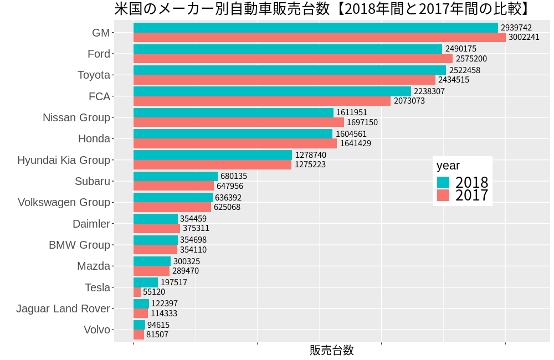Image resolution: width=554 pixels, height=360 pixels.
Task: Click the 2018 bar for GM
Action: [x=316, y=28]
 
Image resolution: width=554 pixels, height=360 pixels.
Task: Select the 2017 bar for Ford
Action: [x=293, y=58]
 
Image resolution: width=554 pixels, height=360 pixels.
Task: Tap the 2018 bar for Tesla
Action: [x=146, y=282]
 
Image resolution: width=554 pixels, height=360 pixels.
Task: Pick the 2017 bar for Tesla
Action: [x=137, y=292]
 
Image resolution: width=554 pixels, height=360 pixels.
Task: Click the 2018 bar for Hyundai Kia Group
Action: [x=213, y=155]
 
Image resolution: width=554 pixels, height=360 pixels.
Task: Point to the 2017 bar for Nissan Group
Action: [x=239, y=122]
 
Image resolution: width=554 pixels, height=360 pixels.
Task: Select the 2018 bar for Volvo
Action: [x=139, y=325]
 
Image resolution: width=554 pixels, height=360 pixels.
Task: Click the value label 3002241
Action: [x=524, y=37]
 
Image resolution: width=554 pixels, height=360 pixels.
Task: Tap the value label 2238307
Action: [x=429, y=91]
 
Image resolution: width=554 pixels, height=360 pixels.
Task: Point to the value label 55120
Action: [x=154, y=292]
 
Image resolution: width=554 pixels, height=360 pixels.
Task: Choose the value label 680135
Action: [x=234, y=176]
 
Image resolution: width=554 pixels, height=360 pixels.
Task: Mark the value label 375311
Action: [x=195, y=228]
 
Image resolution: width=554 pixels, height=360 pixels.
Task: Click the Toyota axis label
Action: [x=94, y=75]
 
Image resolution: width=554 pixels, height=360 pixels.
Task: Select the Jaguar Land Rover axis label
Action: [x=63, y=308]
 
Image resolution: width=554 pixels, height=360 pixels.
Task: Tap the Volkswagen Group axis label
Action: [x=64, y=202]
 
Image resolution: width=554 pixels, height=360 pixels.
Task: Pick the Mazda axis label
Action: [x=94, y=266]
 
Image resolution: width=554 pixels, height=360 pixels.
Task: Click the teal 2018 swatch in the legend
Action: [x=443, y=182]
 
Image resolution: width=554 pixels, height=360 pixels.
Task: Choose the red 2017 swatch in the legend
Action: [x=443, y=195]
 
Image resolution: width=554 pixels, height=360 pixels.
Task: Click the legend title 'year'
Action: [x=448, y=165]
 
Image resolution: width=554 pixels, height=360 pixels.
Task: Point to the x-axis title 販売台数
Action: [x=331, y=350]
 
